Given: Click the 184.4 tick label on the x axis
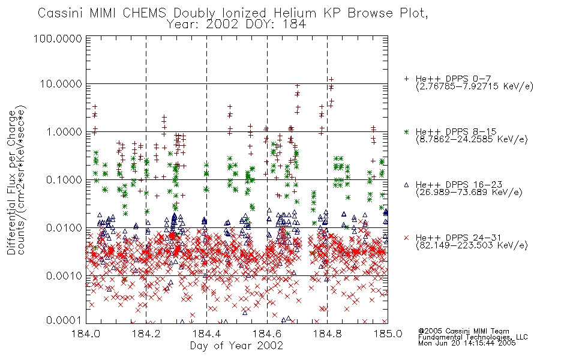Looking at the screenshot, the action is (x=206, y=334).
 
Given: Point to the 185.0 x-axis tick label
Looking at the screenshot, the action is (x=388, y=334).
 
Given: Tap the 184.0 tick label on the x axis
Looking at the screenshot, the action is (x=86, y=334).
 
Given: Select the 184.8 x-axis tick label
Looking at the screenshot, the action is (x=328, y=334).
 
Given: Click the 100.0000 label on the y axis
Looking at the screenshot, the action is (x=58, y=38).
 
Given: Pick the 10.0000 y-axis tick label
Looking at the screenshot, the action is (x=61, y=84).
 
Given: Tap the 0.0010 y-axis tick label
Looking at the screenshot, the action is (x=64, y=276).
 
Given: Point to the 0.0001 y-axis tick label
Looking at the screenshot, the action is (x=64, y=320).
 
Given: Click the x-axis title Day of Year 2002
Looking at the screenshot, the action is (x=236, y=346).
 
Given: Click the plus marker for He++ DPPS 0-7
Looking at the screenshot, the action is (x=406, y=79).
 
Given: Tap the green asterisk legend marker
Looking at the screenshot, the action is (x=406, y=131).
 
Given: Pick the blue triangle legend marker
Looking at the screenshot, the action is (x=406, y=185).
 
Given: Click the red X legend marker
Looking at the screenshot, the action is (x=406, y=238).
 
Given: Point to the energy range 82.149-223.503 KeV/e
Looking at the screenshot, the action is (x=472, y=245).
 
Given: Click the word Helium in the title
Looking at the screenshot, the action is (x=295, y=13).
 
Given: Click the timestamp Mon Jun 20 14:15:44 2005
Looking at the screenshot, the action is (x=467, y=343).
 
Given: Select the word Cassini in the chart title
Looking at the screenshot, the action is (x=61, y=13).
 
